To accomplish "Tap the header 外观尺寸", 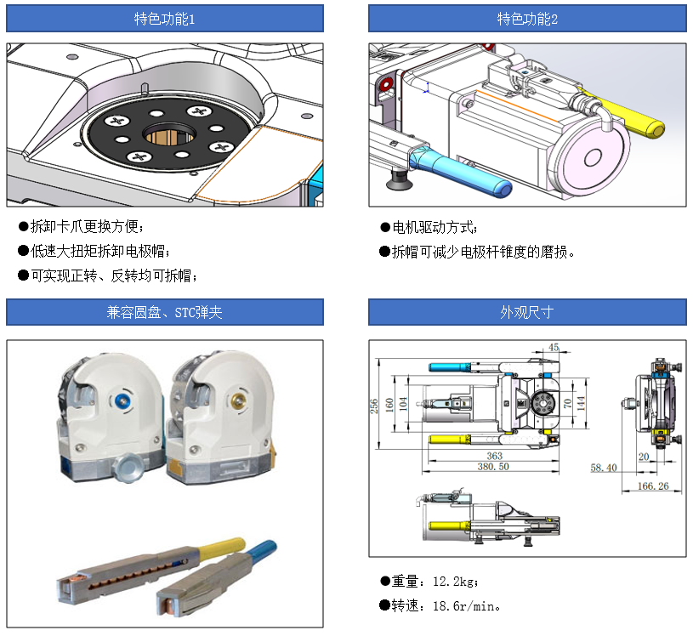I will pos(527,312).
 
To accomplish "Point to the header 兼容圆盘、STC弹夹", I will pos(165,312).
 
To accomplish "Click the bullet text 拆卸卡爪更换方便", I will pos(88,227).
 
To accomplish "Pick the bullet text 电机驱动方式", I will pos(435,228).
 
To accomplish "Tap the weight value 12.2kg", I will pos(455,582).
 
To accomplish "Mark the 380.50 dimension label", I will pos(493,467).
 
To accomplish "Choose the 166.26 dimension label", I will pos(652,486).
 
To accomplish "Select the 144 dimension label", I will pos(582,402).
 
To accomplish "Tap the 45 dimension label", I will pos(554,347).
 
